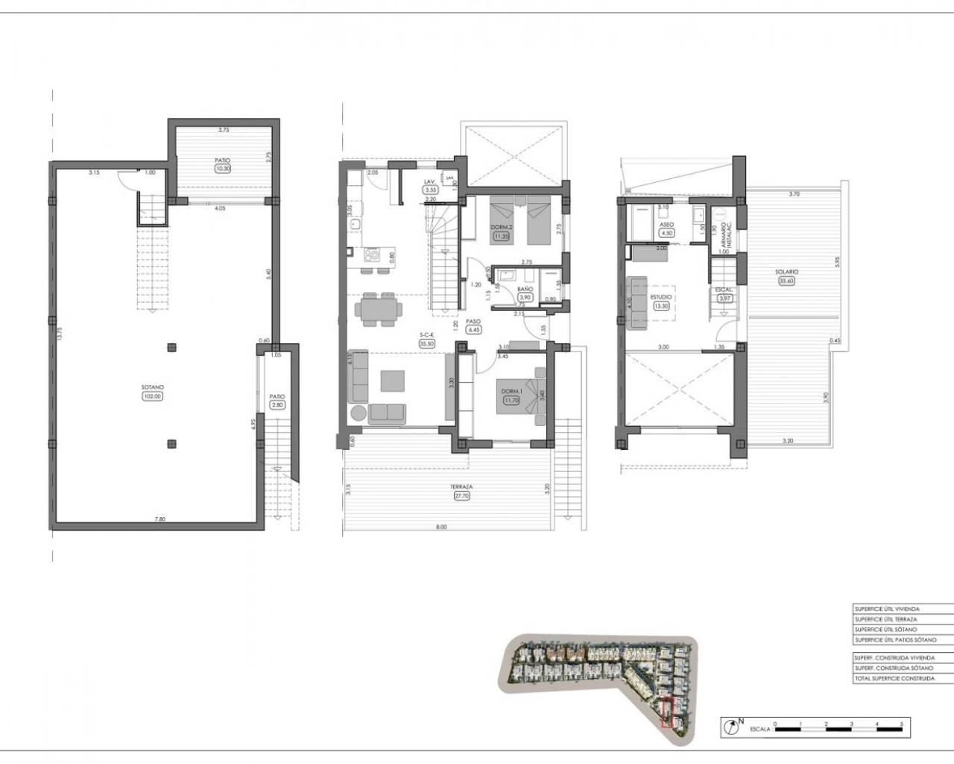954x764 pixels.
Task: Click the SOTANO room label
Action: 152,387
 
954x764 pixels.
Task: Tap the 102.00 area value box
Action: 152,396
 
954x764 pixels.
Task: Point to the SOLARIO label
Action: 788,272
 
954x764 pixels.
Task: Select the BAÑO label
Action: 525,288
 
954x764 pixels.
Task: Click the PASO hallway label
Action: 473,322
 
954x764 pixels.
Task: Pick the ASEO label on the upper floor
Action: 667,224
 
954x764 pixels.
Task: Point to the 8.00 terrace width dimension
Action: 441,527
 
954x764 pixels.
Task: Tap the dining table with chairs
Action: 379,309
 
